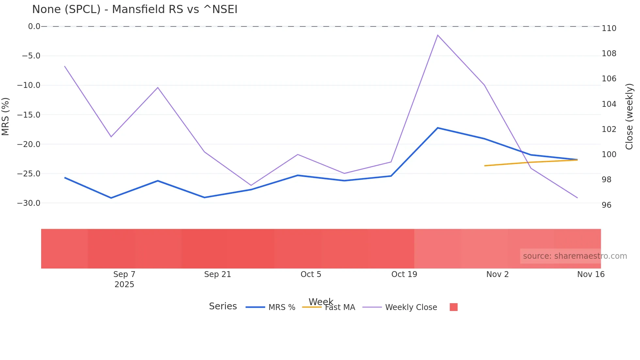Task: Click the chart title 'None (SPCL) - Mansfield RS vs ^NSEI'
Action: tap(135, 9)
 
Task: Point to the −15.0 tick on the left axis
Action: tap(29, 115)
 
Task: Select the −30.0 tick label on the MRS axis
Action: tap(29, 203)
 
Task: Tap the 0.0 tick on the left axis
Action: tap(34, 26)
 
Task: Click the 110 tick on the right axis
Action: tap(609, 28)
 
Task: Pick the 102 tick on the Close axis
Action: tap(609, 129)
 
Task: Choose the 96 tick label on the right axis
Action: tap(606, 205)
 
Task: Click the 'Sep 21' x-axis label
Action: tap(217, 274)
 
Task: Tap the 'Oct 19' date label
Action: tap(404, 274)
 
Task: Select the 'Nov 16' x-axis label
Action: tap(591, 274)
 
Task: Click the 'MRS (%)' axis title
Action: tap(6, 117)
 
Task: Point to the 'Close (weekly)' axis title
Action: tap(629, 117)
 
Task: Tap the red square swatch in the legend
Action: tap(454, 307)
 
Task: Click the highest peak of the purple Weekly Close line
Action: tap(438, 35)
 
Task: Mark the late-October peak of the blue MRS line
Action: tap(438, 128)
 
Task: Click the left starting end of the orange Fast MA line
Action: tap(485, 166)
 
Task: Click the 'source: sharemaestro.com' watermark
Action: tap(575, 256)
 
